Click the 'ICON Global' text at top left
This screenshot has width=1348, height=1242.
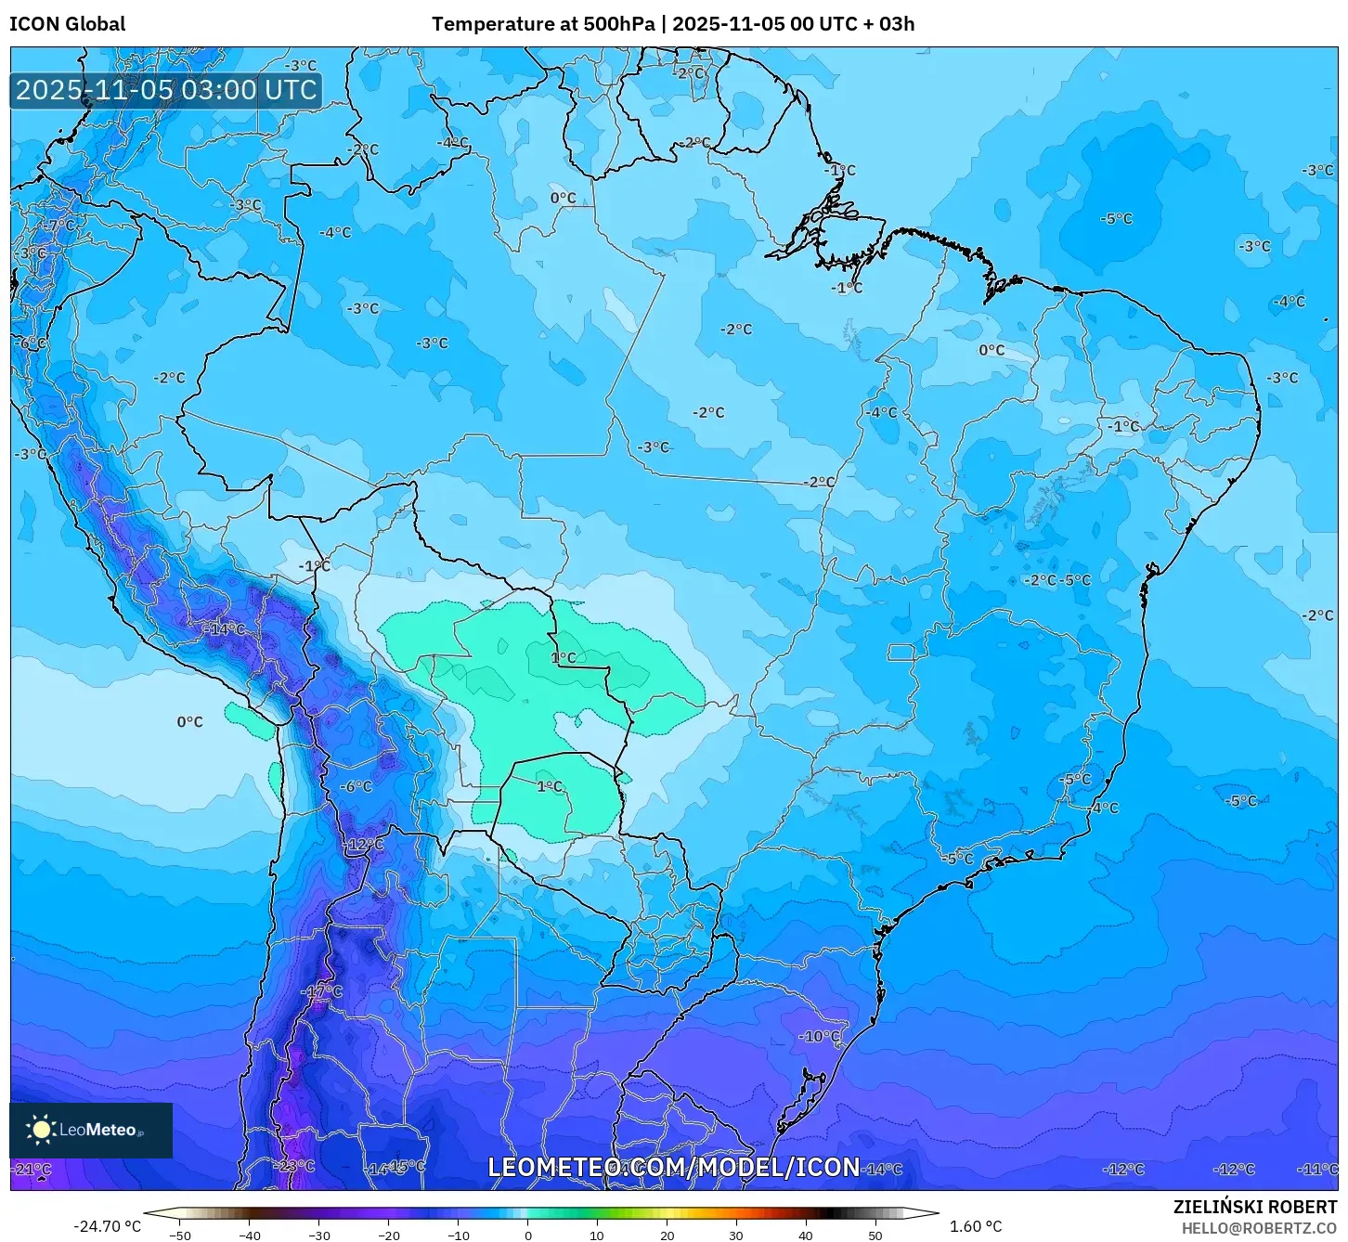[x=67, y=24]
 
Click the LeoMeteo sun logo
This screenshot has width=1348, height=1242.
[x=41, y=1130]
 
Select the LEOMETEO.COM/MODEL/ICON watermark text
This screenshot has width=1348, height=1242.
[x=674, y=1167]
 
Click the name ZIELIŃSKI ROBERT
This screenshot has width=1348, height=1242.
[x=1255, y=1207]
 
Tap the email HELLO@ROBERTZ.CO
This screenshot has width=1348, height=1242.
[x=1259, y=1228]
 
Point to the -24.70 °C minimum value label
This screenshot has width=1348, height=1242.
[x=107, y=1226]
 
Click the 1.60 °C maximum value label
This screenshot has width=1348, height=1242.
[x=976, y=1226]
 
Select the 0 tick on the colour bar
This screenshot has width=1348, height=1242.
[x=527, y=1236]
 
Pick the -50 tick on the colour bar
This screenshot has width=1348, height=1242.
[x=180, y=1236]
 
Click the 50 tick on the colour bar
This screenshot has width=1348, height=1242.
[x=875, y=1236]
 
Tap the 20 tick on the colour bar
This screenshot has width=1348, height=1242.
[x=667, y=1236]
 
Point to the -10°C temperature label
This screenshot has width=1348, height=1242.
[x=820, y=1036]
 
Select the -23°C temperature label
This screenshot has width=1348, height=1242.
[x=295, y=1166]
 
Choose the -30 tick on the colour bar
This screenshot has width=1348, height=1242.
[x=319, y=1236]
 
